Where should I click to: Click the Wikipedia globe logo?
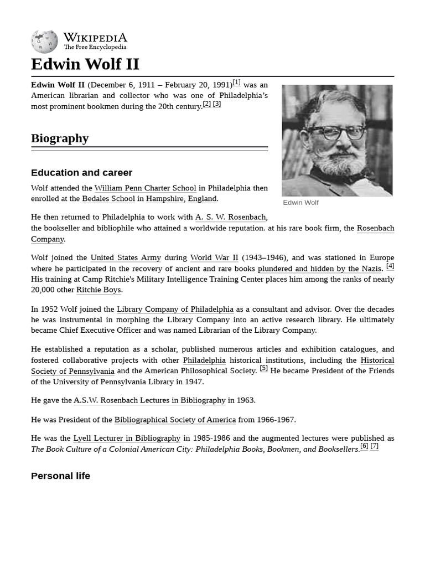[44, 42]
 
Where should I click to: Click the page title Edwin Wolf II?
[85, 64]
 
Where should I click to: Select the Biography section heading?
[60, 138]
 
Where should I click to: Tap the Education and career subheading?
[81, 173]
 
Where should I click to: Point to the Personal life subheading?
[60, 476]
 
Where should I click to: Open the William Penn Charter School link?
[145, 188]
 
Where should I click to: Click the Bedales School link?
[108, 199]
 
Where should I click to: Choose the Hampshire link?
[164, 199]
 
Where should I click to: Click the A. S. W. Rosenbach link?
[230, 218]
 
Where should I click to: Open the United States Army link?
[126, 257]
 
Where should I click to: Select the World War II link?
[214, 257]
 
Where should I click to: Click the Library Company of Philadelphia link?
[175, 310]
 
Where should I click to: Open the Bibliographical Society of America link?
[175, 420]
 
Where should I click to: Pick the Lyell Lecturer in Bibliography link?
[127, 439]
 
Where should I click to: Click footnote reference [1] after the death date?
[236, 83]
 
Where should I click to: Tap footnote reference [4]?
[390, 266]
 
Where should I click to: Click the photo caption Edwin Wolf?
[300, 203]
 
